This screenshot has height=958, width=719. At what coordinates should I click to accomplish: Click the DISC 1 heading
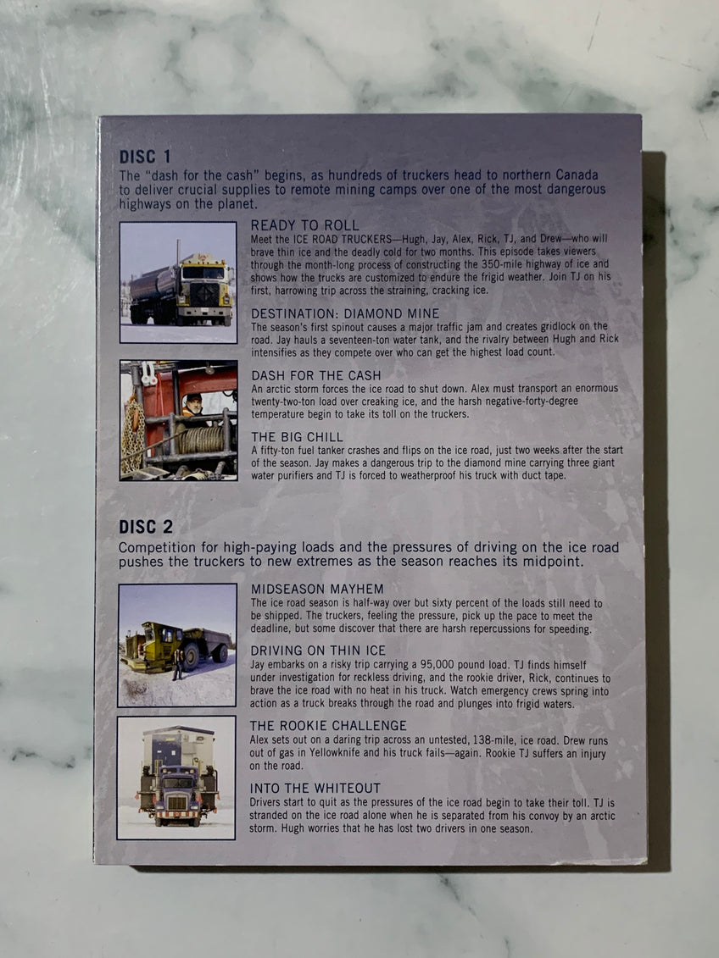[x=146, y=157]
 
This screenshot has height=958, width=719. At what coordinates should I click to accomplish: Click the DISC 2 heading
[x=146, y=527]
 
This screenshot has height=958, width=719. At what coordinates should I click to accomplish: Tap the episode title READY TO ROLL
[x=305, y=225]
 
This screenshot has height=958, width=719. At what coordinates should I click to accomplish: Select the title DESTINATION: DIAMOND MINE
[x=345, y=313]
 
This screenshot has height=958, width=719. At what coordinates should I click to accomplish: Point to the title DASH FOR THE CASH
[x=316, y=375]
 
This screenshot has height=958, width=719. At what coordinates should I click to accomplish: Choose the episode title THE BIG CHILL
[x=297, y=437]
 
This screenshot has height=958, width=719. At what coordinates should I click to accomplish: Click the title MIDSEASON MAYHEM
[x=317, y=589]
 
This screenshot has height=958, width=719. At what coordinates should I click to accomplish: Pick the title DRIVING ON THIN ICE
[x=318, y=651]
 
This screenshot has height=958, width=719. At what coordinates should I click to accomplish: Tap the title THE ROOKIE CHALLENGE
[x=328, y=725]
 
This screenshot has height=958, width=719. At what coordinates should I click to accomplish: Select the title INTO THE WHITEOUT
[x=315, y=788]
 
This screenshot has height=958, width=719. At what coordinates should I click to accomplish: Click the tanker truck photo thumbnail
[x=178, y=282]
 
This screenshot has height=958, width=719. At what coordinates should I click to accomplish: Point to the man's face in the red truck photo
[x=194, y=403]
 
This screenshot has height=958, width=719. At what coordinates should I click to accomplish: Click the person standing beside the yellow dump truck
[x=178, y=664]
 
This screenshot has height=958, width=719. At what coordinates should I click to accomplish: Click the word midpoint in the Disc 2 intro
[x=555, y=562]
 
